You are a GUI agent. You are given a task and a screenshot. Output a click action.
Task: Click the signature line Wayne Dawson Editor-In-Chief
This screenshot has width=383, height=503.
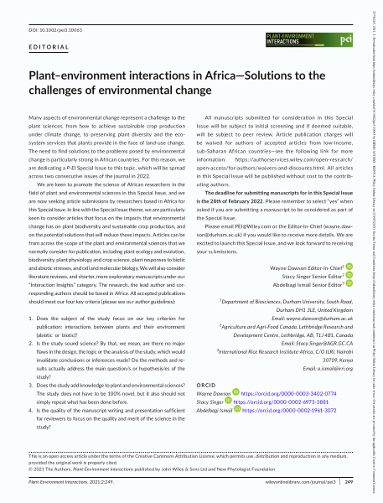(300, 267)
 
